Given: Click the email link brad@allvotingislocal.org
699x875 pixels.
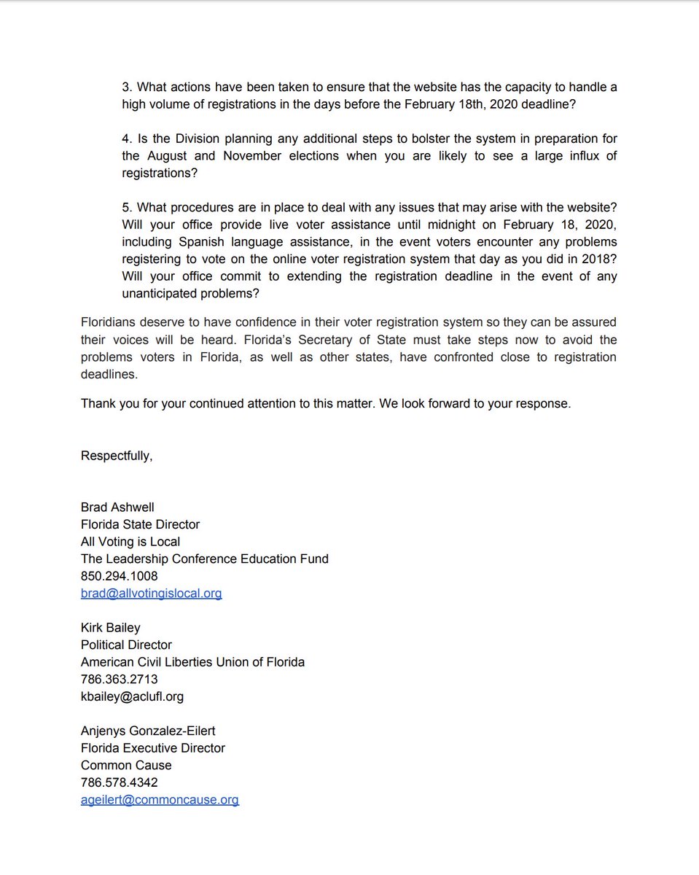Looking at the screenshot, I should [x=151, y=594].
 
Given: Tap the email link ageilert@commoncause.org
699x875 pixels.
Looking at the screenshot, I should [x=160, y=800].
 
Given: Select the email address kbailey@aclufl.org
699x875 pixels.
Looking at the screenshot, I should [x=132, y=696].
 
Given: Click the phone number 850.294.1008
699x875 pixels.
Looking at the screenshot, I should [x=119, y=576].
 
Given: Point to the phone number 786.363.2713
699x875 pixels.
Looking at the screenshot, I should [x=119, y=680].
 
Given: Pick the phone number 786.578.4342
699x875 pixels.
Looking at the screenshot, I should [x=119, y=782].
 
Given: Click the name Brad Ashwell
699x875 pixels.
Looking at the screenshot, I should [x=117, y=507].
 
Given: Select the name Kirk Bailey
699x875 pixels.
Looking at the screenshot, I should [x=110, y=628].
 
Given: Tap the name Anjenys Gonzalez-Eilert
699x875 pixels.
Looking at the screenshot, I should [x=148, y=731].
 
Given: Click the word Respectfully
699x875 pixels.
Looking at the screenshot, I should [x=117, y=456].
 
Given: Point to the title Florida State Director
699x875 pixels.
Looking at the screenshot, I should [x=140, y=524].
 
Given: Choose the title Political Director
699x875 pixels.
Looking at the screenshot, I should [x=126, y=645].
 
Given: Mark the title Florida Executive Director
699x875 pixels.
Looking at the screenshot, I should [x=153, y=748].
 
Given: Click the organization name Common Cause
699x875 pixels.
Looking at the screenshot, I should [x=126, y=765].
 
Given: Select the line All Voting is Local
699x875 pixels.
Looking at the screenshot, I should [x=130, y=542].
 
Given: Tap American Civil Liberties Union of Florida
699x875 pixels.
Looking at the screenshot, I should [x=192, y=662].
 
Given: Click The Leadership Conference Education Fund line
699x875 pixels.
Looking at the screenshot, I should [x=204, y=559].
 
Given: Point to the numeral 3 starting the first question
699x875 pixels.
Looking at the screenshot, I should [x=125, y=87].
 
